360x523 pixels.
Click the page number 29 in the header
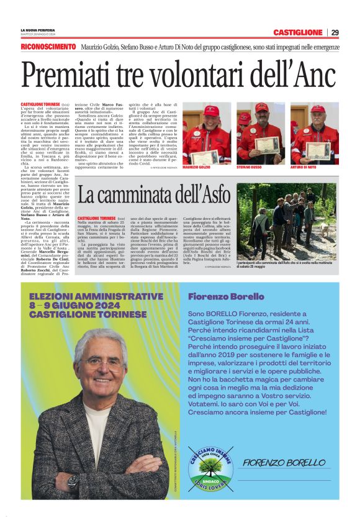[335, 32]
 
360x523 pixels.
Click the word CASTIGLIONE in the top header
[298, 32]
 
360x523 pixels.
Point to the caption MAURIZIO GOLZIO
[196, 167]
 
